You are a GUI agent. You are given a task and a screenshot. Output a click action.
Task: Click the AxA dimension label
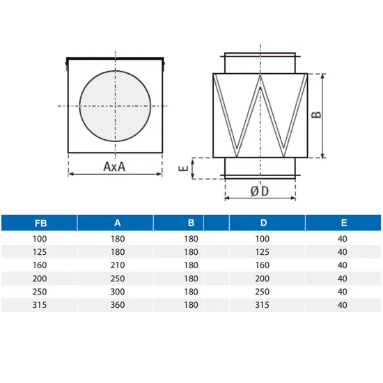[x=114, y=167]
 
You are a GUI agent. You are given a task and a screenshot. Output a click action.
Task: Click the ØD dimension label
[x=260, y=191]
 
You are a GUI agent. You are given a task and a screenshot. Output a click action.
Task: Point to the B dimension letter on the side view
[x=337, y=115]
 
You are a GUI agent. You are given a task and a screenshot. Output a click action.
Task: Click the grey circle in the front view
[x=114, y=105]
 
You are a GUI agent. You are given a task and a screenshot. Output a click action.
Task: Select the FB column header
[x=41, y=224]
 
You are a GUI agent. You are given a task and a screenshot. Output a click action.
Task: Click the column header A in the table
[x=117, y=224]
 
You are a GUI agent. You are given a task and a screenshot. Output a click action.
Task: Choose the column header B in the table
[x=191, y=224]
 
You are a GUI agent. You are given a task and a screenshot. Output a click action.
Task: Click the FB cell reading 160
[x=41, y=265]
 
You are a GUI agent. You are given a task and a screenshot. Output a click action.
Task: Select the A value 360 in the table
[x=117, y=304]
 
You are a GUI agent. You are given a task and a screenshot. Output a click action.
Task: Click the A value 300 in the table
[x=117, y=291]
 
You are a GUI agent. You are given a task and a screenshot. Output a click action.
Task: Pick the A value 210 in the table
[x=117, y=265]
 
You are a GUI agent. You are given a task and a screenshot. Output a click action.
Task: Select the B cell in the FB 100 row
[x=191, y=238]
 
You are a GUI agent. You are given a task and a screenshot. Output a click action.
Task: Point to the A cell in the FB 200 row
[x=117, y=278]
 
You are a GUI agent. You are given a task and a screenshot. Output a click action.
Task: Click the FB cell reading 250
[x=41, y=291]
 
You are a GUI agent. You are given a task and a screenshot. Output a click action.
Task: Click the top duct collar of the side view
[x=260, y=61]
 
